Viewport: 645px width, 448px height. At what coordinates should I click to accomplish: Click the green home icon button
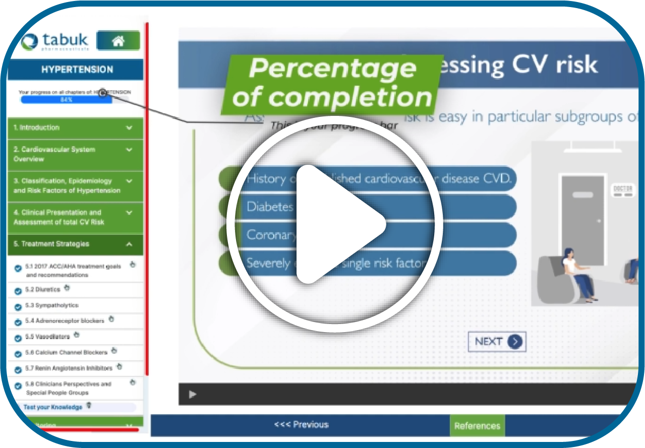[x=118, y=41]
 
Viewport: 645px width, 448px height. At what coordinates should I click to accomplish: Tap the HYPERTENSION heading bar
[x=77, y=70]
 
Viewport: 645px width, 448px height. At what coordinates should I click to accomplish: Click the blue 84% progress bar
[x=66, y=100]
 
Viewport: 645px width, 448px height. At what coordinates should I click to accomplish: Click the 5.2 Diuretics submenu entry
[x=42, y=290]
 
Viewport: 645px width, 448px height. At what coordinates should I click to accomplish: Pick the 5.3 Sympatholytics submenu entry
[x=51, y=305]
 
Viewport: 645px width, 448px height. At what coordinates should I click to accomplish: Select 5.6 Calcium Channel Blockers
[x=66, y=352]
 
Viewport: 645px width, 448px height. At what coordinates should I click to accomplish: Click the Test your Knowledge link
[x=53, y=407]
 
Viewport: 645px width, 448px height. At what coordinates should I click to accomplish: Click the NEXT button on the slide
[x=497, y=342]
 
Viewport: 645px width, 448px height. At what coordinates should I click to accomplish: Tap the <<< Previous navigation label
[x=301, y=425]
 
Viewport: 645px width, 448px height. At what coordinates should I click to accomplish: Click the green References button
[x=477, y=426]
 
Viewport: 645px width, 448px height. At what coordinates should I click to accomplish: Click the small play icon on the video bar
[x=192, y=395]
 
